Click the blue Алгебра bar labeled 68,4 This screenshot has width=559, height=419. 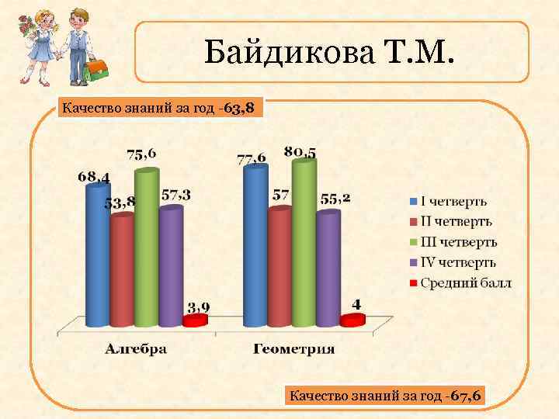click(x=97, y=256)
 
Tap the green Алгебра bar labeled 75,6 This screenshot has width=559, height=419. click(x=146, y=248)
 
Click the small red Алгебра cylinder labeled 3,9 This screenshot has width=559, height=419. click(x=195, y=320)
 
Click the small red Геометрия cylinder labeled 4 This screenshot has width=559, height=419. click(x=352, y=319)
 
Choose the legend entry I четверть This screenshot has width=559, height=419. click(x=453, y=202)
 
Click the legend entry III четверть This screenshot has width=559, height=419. click(x=458, y=243)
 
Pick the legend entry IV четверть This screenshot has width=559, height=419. click(x=458, y=263)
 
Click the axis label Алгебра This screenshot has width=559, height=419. click(x=137, y=349)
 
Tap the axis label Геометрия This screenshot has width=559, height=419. click(x=294, y=349)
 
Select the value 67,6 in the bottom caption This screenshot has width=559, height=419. click(x=465, y=396)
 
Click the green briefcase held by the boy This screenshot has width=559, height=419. click(x=95, y=71)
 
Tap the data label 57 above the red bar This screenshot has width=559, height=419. click(x=281, y=195)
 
